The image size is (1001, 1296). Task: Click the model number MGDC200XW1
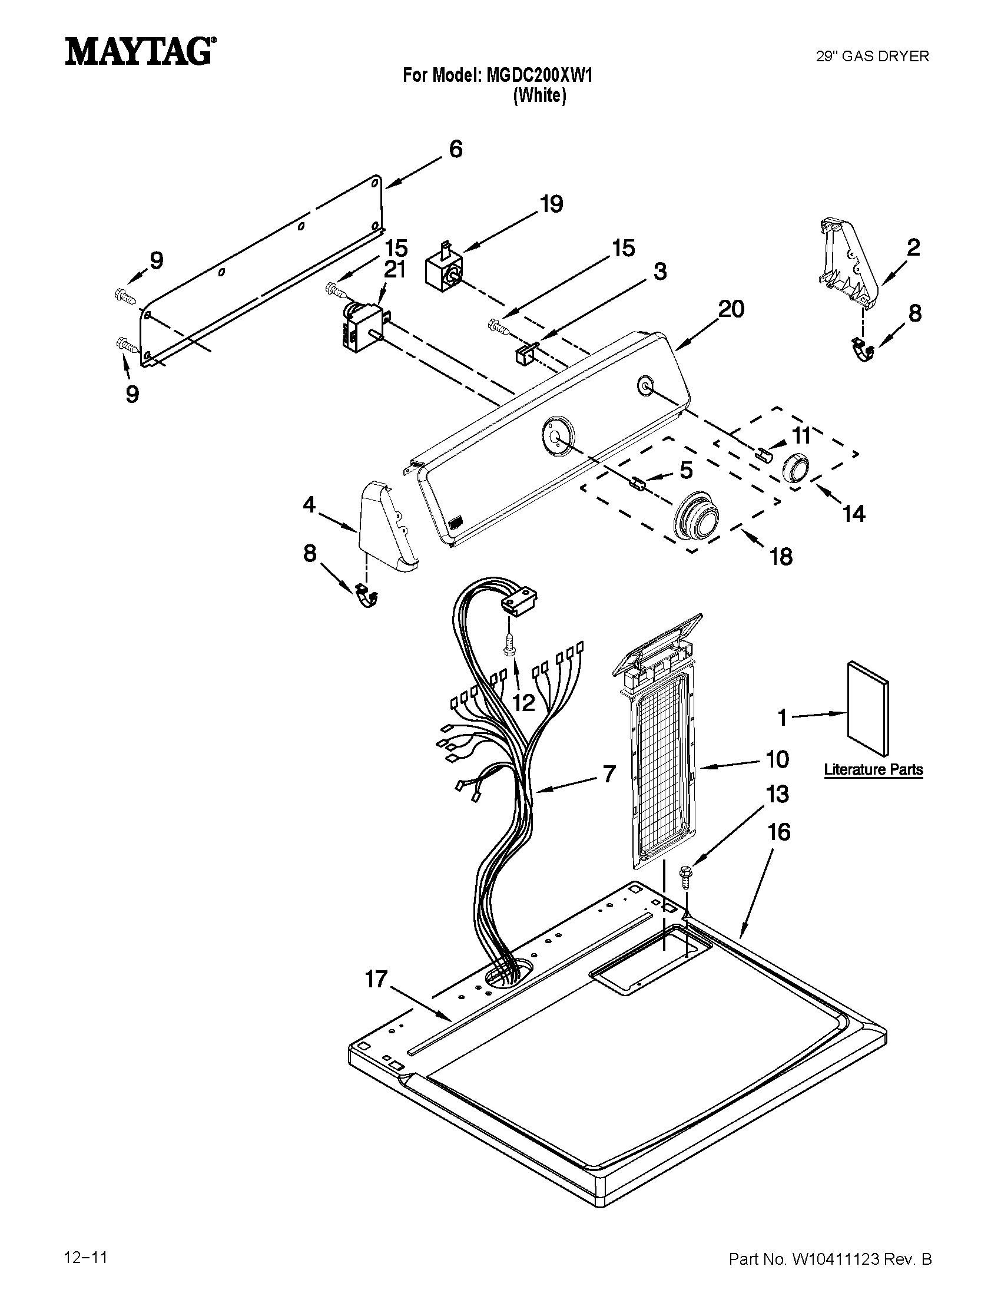click(539, 75)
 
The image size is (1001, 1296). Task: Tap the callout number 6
click(455, 149)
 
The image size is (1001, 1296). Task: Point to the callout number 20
click(731, 309)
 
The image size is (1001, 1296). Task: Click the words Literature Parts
click(873, 770)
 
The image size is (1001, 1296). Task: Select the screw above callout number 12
click(509, 645)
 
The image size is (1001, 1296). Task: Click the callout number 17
click(376, 979)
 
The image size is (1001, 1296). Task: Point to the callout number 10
click(777, 759)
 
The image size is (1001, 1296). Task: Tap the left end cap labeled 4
click(386, 528)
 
